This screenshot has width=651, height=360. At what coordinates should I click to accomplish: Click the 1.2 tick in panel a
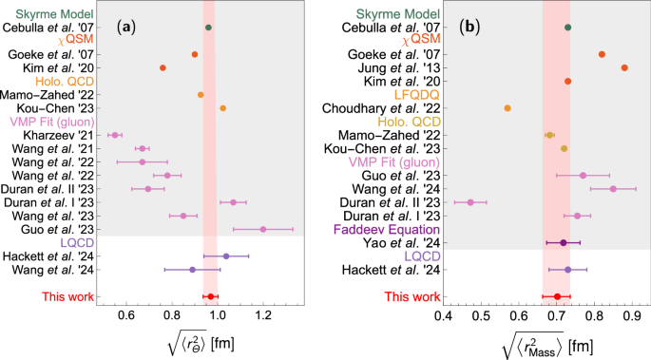tap(263, 313)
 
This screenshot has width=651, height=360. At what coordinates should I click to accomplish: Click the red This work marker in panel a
tap(210, 296)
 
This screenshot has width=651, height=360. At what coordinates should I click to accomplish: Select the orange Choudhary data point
tap(507, 108)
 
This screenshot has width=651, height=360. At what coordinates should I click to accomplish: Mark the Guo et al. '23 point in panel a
tap(263, 229)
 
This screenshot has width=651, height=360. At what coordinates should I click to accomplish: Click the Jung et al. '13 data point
tap(624, 67)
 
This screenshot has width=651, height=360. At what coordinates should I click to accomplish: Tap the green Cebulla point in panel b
tap(567, 28)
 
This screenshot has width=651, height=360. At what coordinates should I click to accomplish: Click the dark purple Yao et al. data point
tap(564, 242)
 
